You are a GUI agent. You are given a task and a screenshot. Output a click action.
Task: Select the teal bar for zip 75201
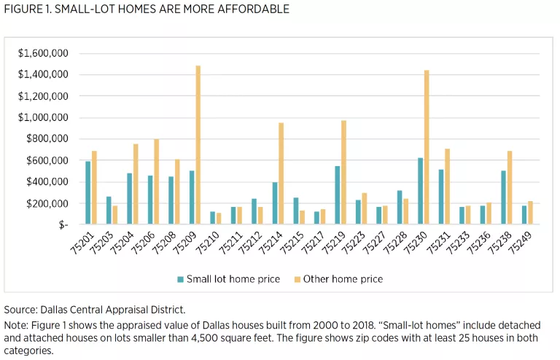click(x=87, y=182)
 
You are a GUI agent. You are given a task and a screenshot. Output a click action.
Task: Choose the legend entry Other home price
click(x=343, y=279)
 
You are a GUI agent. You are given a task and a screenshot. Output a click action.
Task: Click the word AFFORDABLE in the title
click(x=251, y=9)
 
